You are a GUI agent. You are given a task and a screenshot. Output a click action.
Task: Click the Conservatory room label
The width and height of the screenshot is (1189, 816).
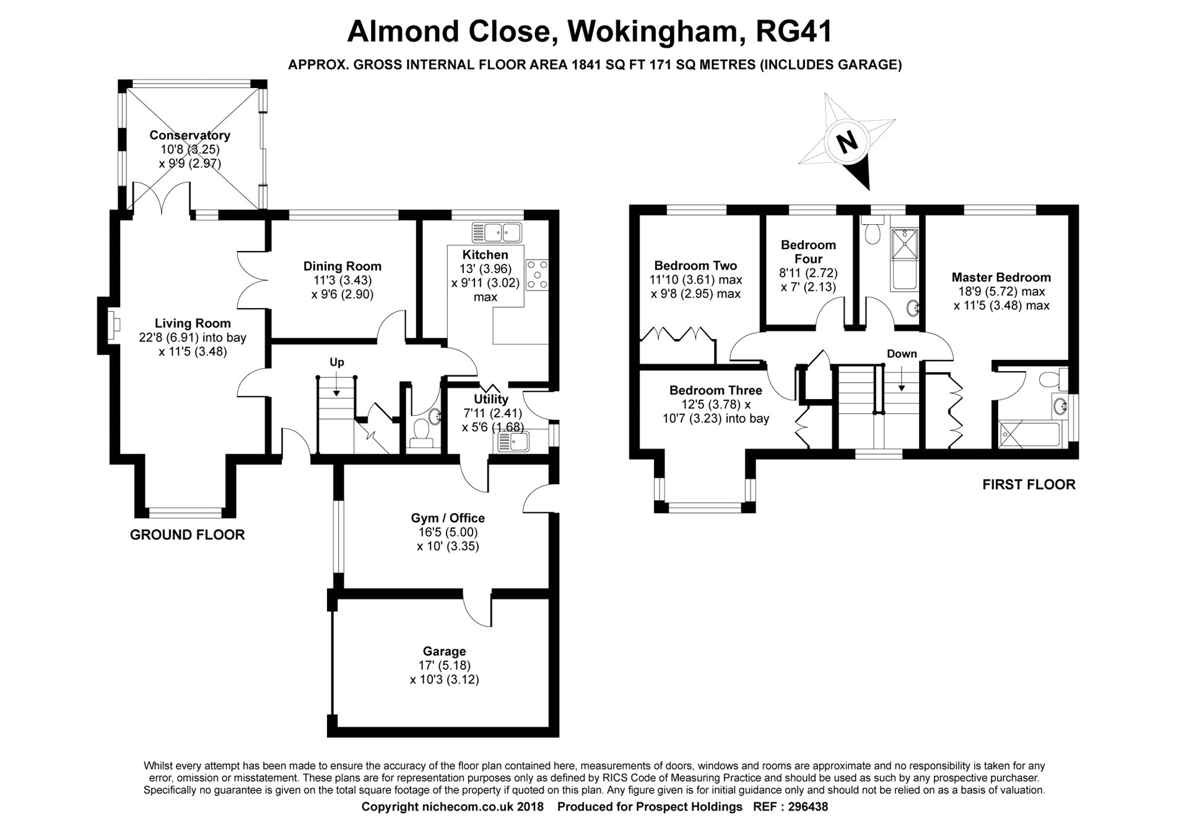[189, 135]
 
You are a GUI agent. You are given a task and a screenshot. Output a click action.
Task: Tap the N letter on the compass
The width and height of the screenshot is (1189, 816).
[847, 143]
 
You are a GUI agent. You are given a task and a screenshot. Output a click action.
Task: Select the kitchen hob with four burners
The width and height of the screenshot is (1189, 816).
[537, 274]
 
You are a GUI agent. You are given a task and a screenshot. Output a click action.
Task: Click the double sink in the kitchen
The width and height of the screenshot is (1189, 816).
[497, 233]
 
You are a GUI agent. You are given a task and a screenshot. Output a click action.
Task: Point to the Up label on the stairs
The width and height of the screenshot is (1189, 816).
[336, 362]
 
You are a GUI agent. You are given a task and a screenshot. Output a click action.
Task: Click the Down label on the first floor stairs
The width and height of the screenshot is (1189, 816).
[902, 354]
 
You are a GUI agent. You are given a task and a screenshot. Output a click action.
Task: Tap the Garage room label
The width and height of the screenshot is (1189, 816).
[444, 651]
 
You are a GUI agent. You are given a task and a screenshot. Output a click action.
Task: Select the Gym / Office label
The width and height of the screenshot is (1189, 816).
[448, 518]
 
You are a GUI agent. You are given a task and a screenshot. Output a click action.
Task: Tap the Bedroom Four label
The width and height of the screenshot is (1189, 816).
[808, 252]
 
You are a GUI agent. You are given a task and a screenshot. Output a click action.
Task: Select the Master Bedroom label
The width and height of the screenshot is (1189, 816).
[1001, 278]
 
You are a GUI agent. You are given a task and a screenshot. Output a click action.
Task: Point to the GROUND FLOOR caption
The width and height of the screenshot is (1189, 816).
[188, 535]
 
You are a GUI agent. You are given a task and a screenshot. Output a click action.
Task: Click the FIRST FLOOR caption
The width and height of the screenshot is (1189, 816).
[1029, 485]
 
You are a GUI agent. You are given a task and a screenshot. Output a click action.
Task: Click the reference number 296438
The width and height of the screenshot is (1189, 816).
[807, 807]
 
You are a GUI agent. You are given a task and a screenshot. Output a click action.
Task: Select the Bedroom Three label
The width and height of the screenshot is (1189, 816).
[715, 390]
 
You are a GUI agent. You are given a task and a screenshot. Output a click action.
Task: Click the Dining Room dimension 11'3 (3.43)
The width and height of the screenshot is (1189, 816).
[342, 280]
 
